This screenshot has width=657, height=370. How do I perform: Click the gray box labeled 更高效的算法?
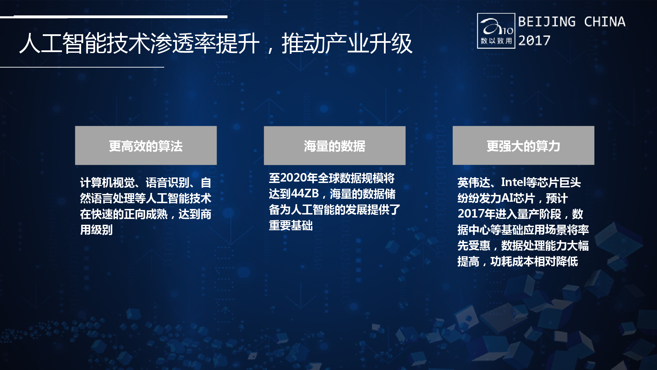click(146, 145)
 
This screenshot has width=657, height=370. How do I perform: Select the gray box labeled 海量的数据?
click(335, 145)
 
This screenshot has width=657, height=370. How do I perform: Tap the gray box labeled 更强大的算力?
click(523, 145)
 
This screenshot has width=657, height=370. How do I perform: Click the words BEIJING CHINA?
click(572, 22)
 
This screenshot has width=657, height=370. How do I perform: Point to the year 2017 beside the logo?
click(534, 40)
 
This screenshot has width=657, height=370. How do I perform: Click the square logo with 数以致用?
click(496, 31)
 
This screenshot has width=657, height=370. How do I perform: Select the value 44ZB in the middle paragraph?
click(305, 194)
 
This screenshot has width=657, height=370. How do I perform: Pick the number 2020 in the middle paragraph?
click(293, 178)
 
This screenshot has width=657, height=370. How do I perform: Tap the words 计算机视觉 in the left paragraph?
click(107, 183)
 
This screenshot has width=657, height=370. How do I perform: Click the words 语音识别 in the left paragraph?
click(168, 183)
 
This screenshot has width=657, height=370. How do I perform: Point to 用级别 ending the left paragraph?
click(96, 230)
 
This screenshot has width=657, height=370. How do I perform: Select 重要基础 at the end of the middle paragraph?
click(291, 225)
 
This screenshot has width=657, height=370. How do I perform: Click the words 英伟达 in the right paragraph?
click(474, 183)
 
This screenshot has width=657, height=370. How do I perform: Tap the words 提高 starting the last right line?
click(468, 261)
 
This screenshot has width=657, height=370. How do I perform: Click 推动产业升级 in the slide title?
click(347, 44)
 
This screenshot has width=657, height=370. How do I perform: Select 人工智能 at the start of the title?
click(63, 44)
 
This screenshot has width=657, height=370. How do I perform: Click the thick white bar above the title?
click(120, 16)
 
